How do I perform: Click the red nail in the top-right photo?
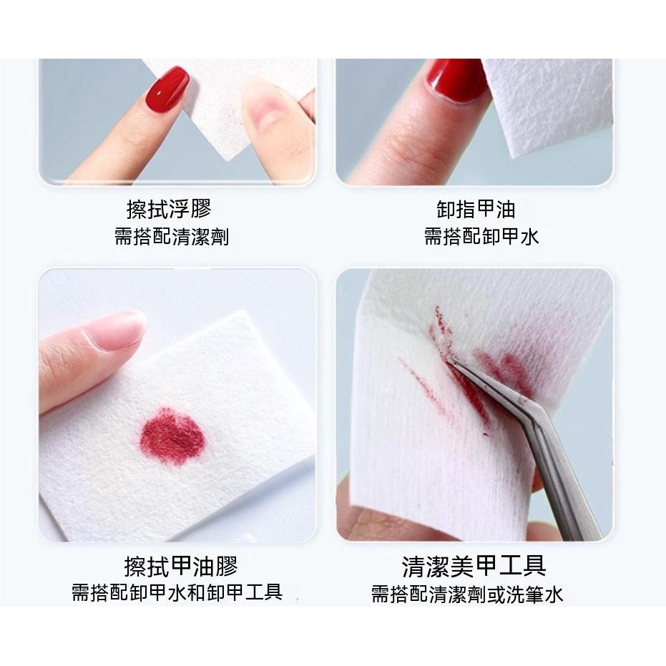tap(455, 78)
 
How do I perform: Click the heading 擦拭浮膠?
tap(169, 209)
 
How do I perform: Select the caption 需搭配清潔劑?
tap(172, 237)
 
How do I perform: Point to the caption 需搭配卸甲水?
tap(481, 237)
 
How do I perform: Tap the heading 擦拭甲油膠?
tap(180, 567)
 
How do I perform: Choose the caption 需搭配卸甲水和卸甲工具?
tap(177, 593)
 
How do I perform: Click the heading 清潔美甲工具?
tap(474, 567)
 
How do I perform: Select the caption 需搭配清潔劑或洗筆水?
tap(467, 594)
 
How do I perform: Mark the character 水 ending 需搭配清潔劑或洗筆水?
tap(554, 594)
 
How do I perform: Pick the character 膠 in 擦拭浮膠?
tap(201, 209)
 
